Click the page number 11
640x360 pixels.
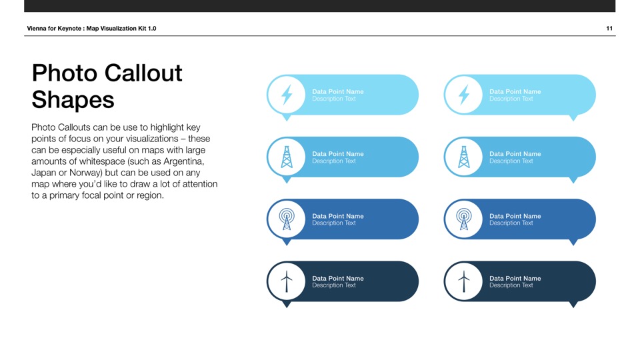coord(609,28)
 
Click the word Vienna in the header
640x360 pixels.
coord(37,28)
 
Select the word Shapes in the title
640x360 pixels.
coord(73,100)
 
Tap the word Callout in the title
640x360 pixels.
coord(143,73)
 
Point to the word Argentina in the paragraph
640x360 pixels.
coord(184,161)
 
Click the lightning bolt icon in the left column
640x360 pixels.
coord(287,95)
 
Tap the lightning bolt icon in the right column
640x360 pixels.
coord(464,95)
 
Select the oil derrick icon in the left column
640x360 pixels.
coord(287,157)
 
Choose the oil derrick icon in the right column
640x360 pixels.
coord(464,157)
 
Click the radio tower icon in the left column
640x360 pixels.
coord(287,219)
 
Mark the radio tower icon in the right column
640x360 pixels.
coord(464,219)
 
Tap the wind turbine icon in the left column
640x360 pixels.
coord(287,281)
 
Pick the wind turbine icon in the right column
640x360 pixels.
coord(464,281)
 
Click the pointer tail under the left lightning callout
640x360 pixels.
coord(287,118)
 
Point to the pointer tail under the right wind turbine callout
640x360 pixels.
coord(573,305)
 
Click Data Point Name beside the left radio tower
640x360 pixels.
coord(338,216)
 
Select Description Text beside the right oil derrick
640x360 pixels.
coord(511,161)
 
